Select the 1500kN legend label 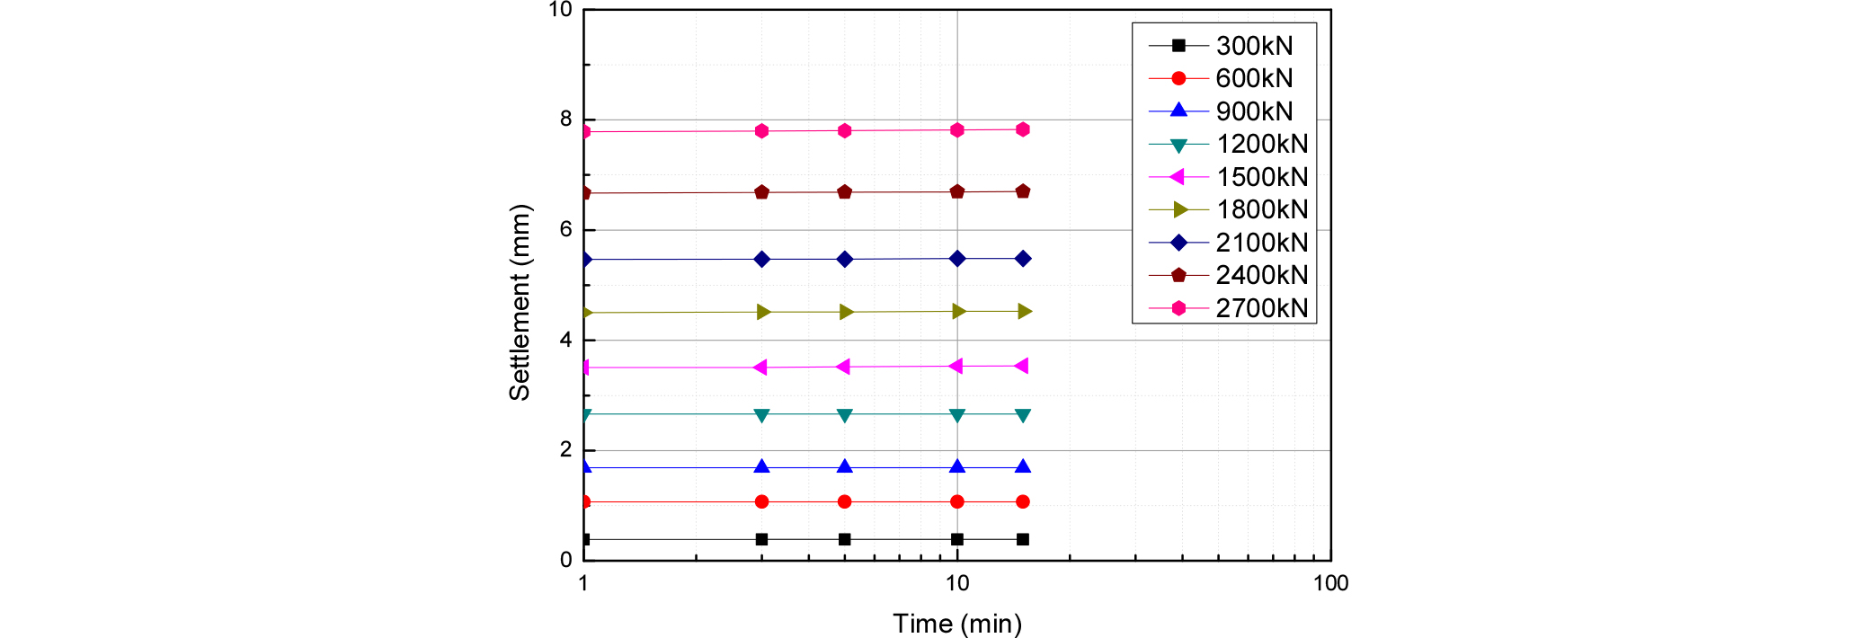(1262, 177)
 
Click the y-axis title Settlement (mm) (520, 303)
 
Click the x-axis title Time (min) (957, 624)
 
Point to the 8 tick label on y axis (565, 119)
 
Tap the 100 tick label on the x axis (1330, 583)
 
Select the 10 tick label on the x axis (957, 583)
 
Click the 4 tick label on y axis (565, 340)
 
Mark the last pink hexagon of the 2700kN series (1023, 129)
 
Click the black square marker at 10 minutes (957, 539)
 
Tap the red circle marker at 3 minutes (762, 501)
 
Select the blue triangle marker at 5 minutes (845, 466)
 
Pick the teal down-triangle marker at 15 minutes (1023, 415)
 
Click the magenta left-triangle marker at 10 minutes (956, 366)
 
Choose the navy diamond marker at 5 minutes (845, 259)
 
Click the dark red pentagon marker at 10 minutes (957, 191)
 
